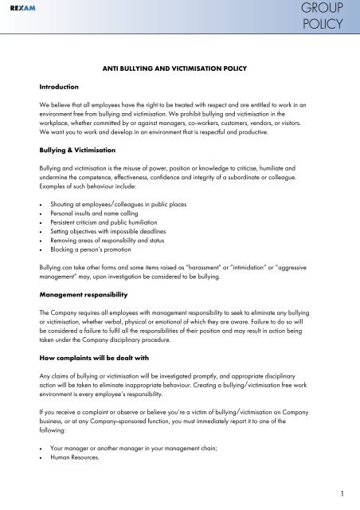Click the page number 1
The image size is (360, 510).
pyautogui.click(x=341, y=492)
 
